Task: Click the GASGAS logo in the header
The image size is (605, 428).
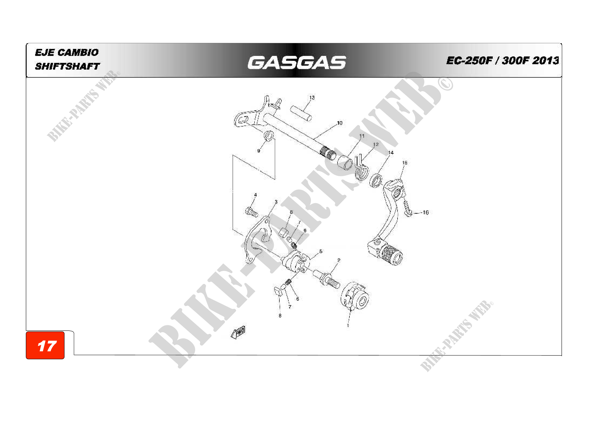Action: tap(296, 62)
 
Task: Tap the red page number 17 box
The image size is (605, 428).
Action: tap(45, 345)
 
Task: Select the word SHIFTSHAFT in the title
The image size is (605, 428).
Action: tap(68, 66)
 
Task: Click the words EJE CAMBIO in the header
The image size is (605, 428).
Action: tap(67, 52)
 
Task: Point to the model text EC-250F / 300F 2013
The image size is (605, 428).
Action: tap(502, 61)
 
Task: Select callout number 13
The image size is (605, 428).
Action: tap(312, 98)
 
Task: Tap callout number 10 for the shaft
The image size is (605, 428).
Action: tap(340, 123)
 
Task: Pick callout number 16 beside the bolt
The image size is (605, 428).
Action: tap(425, 212)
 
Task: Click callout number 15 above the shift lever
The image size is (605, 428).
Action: tap(405, 163)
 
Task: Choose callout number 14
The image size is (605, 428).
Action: tap(391, 153)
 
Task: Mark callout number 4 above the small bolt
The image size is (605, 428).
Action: tap(255, 195)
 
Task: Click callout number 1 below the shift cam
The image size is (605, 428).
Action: tap(348, 326)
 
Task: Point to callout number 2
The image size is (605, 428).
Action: tap(339, 260)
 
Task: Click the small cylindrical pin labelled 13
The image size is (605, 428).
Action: tap(301, 113)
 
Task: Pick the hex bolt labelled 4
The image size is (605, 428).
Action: tap(251, 212)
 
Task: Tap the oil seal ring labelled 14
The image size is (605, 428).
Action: tap(376, 181)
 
